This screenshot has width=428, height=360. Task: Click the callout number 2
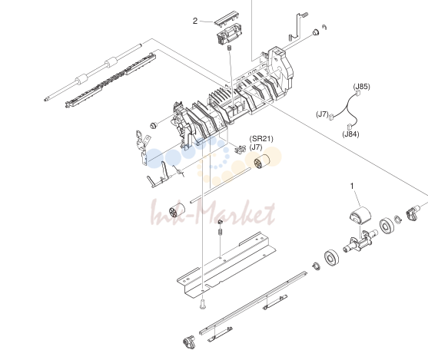click(x=195, y=21)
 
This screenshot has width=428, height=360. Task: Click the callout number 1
click(x=352, y=186)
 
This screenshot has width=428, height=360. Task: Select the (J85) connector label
click(x=362, y=87)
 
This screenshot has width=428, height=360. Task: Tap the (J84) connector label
click(x=350, y=134)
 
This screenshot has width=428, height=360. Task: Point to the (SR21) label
click(x=261, y=139)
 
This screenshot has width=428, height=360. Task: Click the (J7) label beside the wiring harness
click(x=323, y=114)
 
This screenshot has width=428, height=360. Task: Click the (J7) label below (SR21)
click(x=256, y=147)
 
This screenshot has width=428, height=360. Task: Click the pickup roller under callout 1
click(x=360, y=214)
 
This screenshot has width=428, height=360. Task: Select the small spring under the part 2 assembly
click(x=229, y=48)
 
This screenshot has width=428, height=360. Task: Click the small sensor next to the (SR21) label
click(x=240, y=149)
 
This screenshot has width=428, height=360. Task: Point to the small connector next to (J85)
click(x=358, y=94)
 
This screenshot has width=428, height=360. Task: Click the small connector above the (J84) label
click(x=349, y=127)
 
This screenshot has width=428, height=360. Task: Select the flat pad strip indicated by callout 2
click(x=225, y=18)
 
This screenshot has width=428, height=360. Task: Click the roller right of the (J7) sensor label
click(x=262, y=161)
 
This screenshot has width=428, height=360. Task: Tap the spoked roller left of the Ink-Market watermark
click(x=177, y=211)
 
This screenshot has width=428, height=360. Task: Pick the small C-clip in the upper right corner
click(x=324, y=27)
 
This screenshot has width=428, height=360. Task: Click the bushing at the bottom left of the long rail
click(x=189, y=342)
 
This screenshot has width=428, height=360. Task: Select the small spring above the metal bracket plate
click(x=220, y=233)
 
